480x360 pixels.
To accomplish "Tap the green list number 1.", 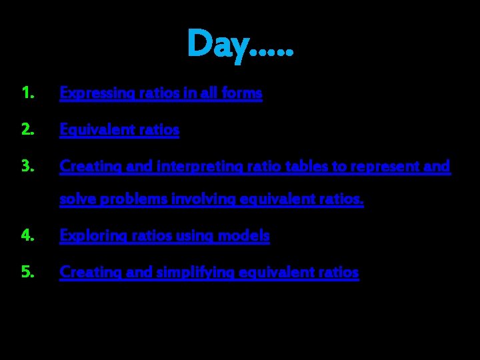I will tap(27, 93).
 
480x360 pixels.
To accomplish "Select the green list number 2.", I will tap(27, 130).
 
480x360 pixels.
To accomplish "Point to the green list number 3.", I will tap(27, 166).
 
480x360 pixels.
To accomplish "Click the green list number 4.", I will tap(27, 235).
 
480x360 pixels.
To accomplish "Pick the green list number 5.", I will tap(27, 272).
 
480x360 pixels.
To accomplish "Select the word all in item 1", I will tap(209, 93).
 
